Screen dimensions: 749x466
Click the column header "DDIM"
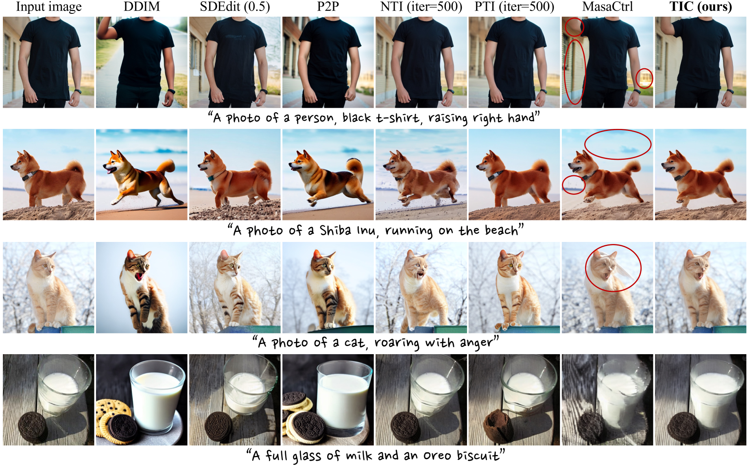(142, 7)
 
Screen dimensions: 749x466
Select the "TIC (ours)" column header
(701, 7)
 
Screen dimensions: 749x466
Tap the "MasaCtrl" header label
(607, 7)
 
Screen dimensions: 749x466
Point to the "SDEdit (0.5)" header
(235, 7)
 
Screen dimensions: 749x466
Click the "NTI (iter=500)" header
(421, 7)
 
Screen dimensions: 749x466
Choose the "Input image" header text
(49, 7)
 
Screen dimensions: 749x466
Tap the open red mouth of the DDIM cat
(140, 276)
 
